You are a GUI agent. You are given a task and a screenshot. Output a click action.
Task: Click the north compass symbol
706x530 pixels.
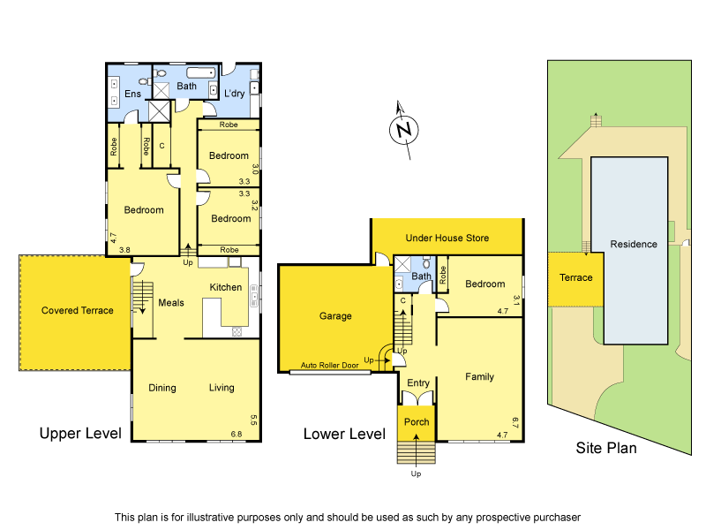point(404,130)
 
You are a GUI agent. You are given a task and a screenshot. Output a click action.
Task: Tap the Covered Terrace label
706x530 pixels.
point(78,310)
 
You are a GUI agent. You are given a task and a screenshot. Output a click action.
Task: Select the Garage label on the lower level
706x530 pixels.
point(335,316)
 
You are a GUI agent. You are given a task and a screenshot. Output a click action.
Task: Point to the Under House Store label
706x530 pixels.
point(447,238)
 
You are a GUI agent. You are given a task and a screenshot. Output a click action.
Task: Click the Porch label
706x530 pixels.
point(417,421)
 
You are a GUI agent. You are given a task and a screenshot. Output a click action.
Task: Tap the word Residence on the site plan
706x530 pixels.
point(634,244)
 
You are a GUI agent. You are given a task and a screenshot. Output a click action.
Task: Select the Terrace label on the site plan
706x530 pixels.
point(575,277)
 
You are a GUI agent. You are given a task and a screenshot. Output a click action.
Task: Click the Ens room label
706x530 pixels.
point(132,93)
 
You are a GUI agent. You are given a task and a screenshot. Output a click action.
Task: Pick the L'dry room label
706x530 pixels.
point(235,93)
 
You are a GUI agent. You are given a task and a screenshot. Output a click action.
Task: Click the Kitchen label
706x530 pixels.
point(225,287)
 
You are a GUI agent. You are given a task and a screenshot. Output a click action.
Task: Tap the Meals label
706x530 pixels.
point(171,303)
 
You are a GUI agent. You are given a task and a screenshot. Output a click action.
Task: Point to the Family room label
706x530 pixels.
point(480,376)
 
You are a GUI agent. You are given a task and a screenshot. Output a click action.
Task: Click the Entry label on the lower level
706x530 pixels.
point(417,382)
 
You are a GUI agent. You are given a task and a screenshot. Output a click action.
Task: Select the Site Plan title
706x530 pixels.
point(606,448)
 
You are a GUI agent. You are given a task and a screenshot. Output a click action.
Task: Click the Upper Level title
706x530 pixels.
point(79,434)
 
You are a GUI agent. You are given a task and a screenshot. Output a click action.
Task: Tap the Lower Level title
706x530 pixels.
point(344,434)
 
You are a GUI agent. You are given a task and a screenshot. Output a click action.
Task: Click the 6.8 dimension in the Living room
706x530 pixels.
point(236,434)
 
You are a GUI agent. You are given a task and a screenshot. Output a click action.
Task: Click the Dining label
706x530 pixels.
point(162,388)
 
